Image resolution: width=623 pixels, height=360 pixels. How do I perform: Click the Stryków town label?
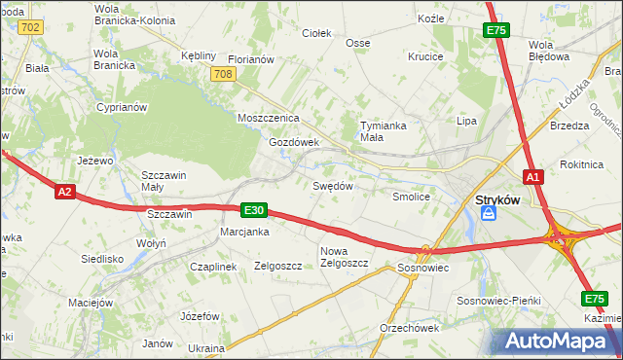pos(496,199)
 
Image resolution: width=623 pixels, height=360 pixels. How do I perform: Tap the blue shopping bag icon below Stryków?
pos(489,213)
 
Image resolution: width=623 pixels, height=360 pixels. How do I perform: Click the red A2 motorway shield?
pos(65,193)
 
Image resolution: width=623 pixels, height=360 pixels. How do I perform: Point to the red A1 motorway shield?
pos(532,177)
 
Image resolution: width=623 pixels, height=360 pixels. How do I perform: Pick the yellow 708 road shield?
pos(225,75)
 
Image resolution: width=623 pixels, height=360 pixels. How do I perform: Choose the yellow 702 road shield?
pos(30,27)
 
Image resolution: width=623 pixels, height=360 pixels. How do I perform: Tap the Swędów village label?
pos(331,185)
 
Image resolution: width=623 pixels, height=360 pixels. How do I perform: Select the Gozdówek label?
pos(294,142)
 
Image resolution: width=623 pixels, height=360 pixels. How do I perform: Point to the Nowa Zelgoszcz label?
pos(344,257)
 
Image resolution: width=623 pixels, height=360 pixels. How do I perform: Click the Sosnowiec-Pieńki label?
pos(497,302)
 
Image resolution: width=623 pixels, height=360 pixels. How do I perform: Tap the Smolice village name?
pos(411,196)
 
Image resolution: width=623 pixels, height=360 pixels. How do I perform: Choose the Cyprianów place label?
pos(121,107)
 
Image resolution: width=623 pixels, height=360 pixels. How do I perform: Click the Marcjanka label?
pos(244,232)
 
